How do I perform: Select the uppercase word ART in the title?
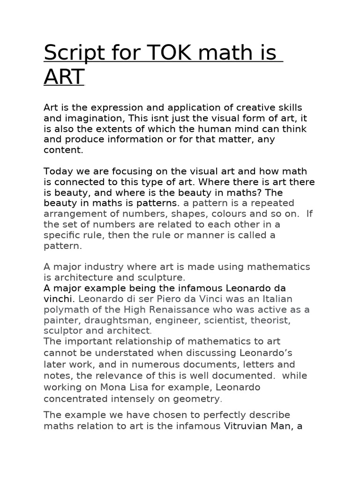[x=64, y=77]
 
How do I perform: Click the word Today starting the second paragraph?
[x=58, y=171]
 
